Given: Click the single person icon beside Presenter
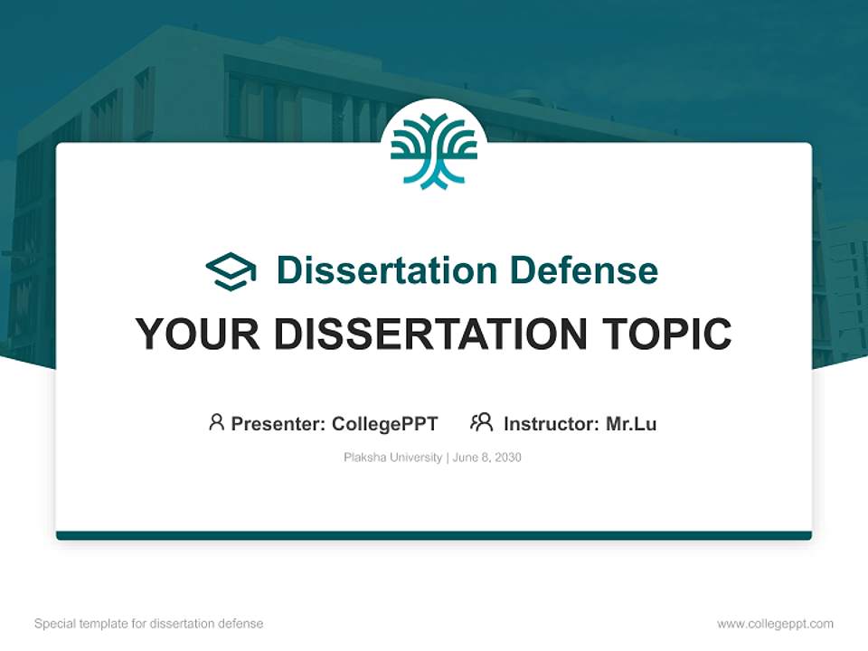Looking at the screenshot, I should pos(216,422).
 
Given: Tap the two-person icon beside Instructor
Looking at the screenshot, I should pos(481,422).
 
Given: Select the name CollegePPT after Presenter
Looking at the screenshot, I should pos(385,423).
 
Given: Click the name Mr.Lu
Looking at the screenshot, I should pos(631,423).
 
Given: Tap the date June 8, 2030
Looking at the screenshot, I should pos(487,458).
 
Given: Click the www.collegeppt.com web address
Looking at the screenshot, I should pos(775,624).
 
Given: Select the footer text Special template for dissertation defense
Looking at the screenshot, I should pos(149,624).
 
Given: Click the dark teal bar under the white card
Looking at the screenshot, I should pos(434,535).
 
